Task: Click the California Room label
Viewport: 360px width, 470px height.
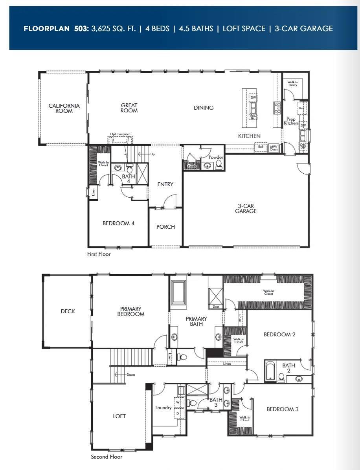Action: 64,108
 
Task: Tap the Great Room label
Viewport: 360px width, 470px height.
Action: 129,108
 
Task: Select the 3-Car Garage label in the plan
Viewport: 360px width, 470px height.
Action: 246,208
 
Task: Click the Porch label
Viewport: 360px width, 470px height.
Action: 165,227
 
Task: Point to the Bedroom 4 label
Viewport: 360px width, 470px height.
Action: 118,223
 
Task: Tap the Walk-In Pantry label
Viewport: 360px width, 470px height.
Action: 292,84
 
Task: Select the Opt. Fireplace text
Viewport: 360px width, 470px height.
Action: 120,134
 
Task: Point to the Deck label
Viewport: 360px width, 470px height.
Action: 68,311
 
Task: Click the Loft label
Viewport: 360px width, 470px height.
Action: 119,416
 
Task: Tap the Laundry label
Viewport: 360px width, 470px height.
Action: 163,408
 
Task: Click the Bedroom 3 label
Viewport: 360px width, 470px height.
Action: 282,409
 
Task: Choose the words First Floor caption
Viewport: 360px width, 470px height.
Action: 99,254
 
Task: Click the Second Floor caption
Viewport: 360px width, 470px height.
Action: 107,457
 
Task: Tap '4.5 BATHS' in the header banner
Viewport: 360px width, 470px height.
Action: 196,28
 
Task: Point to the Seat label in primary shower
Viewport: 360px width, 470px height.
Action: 216,307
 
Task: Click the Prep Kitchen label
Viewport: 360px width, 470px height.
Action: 291,121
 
